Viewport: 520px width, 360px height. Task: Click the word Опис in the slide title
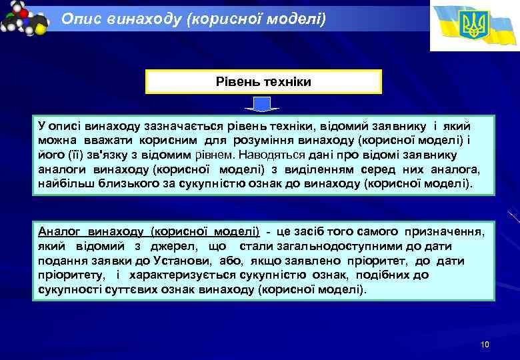click(x=79, y=19)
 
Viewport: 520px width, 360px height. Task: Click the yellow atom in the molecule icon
click(x=41, y=29)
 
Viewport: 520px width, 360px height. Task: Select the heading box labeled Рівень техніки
click(x=263, y=81)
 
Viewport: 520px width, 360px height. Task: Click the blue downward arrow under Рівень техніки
click(x=263, y=105)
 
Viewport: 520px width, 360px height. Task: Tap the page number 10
click(x=485, y=345)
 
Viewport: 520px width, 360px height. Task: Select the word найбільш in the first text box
click(x=65, y=183)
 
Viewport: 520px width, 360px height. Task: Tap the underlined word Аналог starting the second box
click(x=59, y=231)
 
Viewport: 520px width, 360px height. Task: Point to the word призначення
click(x=444, y=231)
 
